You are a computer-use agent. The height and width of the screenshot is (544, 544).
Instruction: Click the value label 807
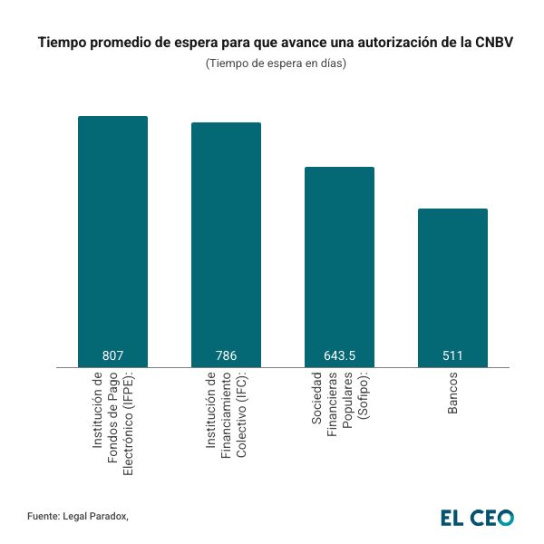(x=112, y=355)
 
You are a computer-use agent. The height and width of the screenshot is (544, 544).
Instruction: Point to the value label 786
(x=226, y=355)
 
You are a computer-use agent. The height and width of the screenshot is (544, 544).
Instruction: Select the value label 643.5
(x=339, y=355)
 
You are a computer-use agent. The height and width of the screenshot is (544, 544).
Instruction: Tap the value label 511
(x=452, y=355)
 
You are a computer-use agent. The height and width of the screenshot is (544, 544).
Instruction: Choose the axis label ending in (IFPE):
(x=112, y=422)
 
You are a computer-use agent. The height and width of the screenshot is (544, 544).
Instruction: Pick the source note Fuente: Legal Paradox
(x=78, y=516)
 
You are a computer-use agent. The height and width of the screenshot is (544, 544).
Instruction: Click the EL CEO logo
(x=477, y=517)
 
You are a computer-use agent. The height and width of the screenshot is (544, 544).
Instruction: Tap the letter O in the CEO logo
(x=505, y=517)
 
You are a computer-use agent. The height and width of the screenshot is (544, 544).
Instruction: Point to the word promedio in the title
(x=123, y=44)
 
